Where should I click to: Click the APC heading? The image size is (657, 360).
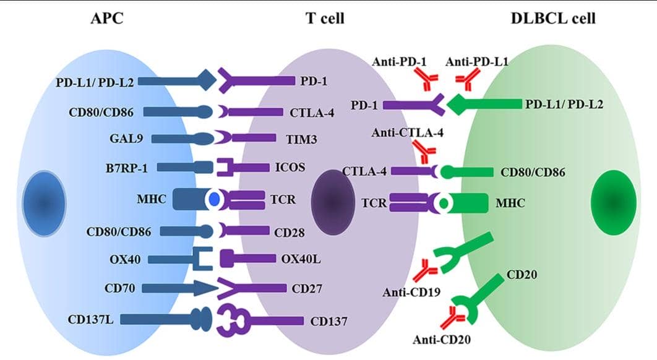pyautogui.click(x=106, y=18)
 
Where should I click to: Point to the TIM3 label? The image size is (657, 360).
pyautogui.click(x=301, y=139)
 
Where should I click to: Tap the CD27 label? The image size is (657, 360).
pyautogui.click(x=307, y=288)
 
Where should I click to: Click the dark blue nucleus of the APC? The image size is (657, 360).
pyautogui.click(x=43, y=202)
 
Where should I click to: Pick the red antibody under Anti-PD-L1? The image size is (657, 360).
pyautogui.click(x=467, y=79)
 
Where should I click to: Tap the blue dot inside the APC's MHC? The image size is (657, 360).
pyautogui.click(x=214, y=200)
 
